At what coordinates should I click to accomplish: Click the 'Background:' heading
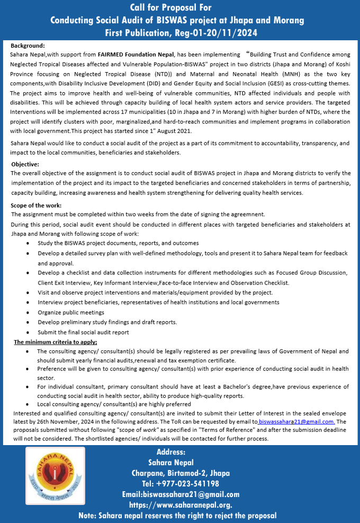click(x=28, y=46)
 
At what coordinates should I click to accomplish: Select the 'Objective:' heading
click(x=25, y=164)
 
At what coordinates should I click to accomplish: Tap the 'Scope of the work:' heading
click(x=36, y=205)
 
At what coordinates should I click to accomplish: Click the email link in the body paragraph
click(x=296, y=422)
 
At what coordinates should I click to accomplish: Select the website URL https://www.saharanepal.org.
click(x=181, y=504)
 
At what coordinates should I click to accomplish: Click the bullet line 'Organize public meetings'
click(x=71, y=312)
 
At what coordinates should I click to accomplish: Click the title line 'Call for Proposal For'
click(x=171, y=7)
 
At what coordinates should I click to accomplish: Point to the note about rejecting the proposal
click(x=177, y=515)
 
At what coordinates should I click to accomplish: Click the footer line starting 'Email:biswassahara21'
click(x=181, y=494)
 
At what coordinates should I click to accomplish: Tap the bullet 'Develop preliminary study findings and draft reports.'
click(x=107, y=322)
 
